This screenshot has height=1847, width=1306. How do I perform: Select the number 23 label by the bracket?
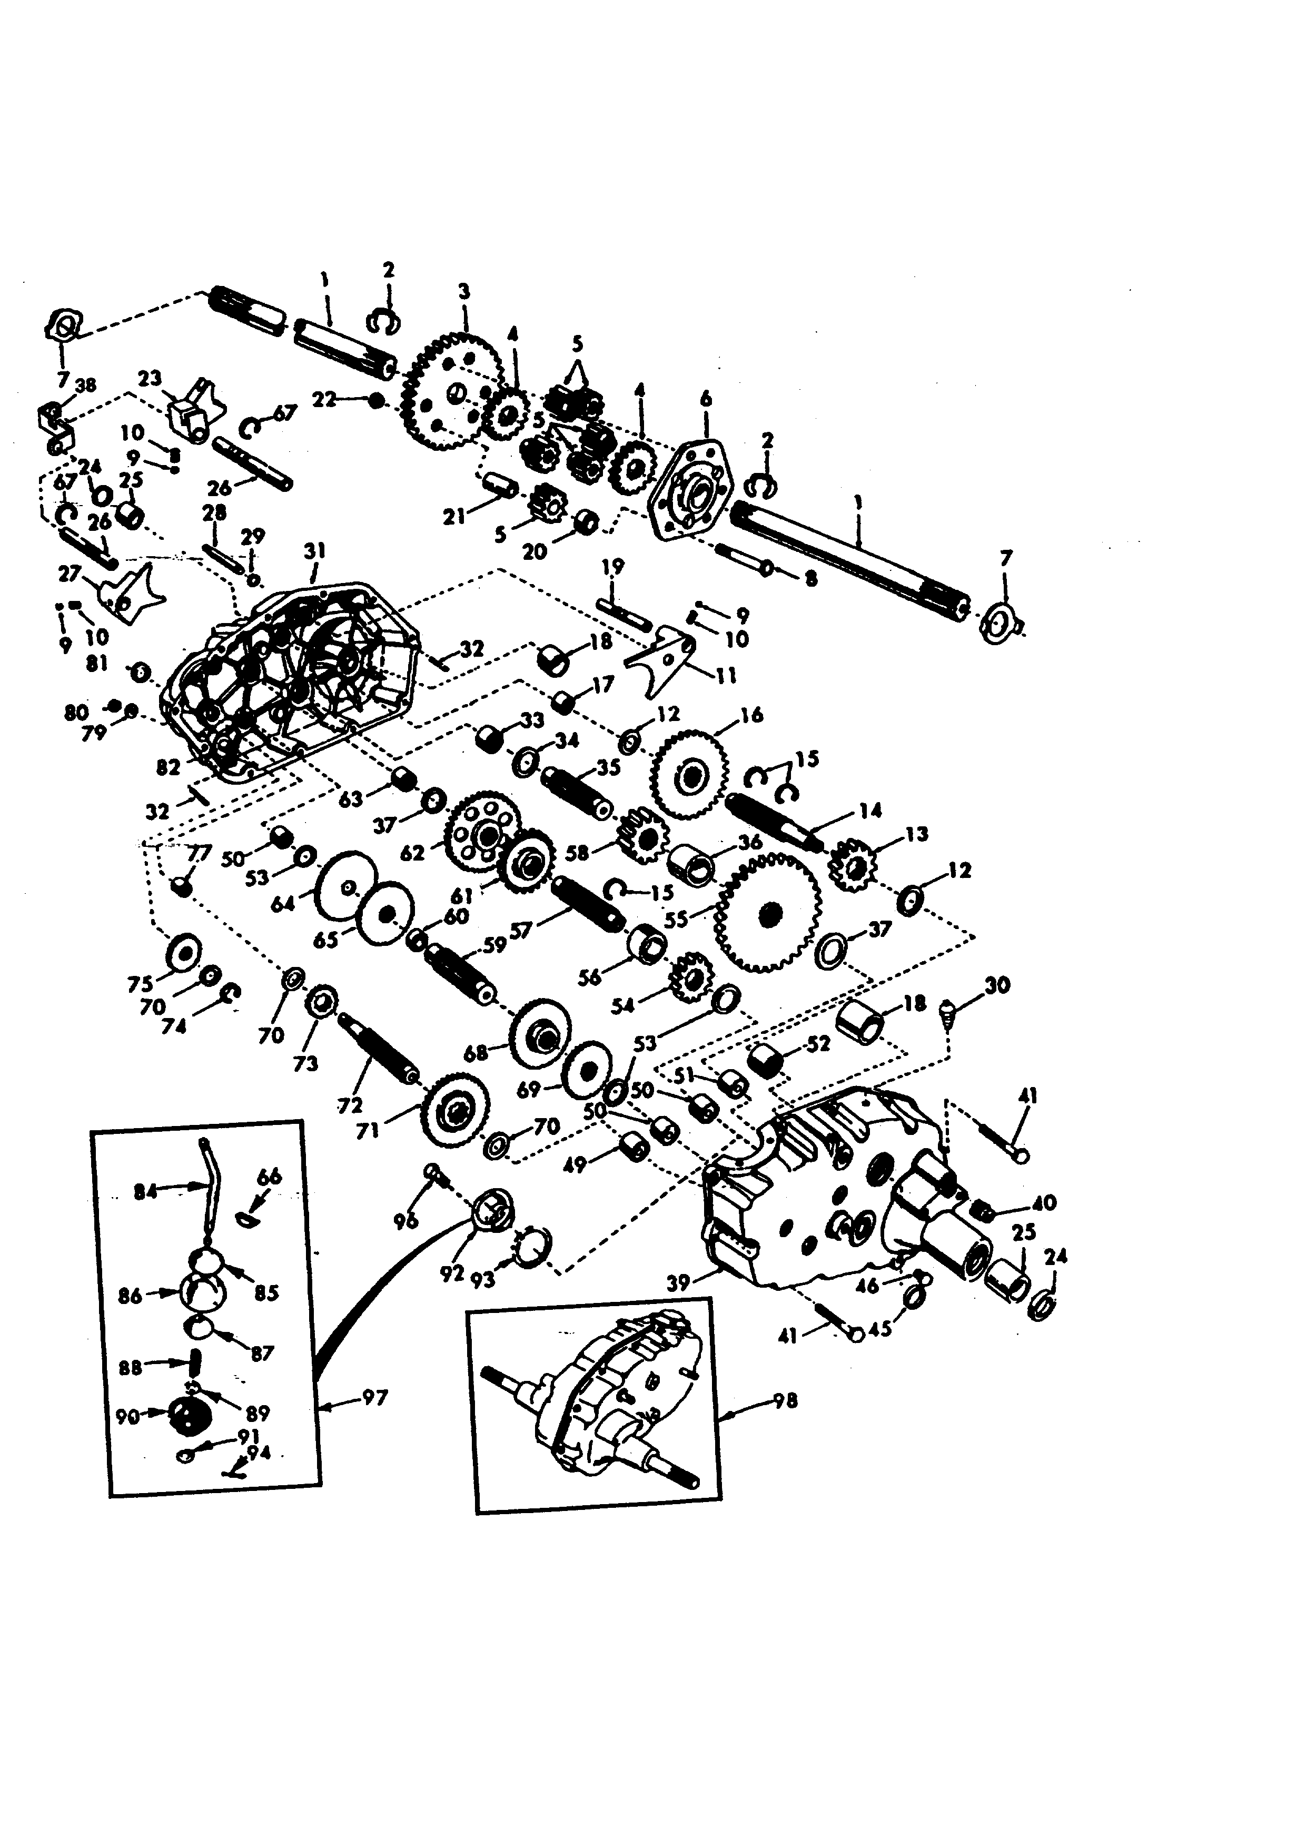pyautogui.click(x=150, y=378)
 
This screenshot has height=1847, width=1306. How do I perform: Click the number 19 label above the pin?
pyautogui.click(x=613, y=567)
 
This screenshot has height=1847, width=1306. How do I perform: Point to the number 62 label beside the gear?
pyautogui.click(x=412, y=852)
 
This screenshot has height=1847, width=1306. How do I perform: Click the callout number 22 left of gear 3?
pyautogui.click(x=324, y=400)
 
